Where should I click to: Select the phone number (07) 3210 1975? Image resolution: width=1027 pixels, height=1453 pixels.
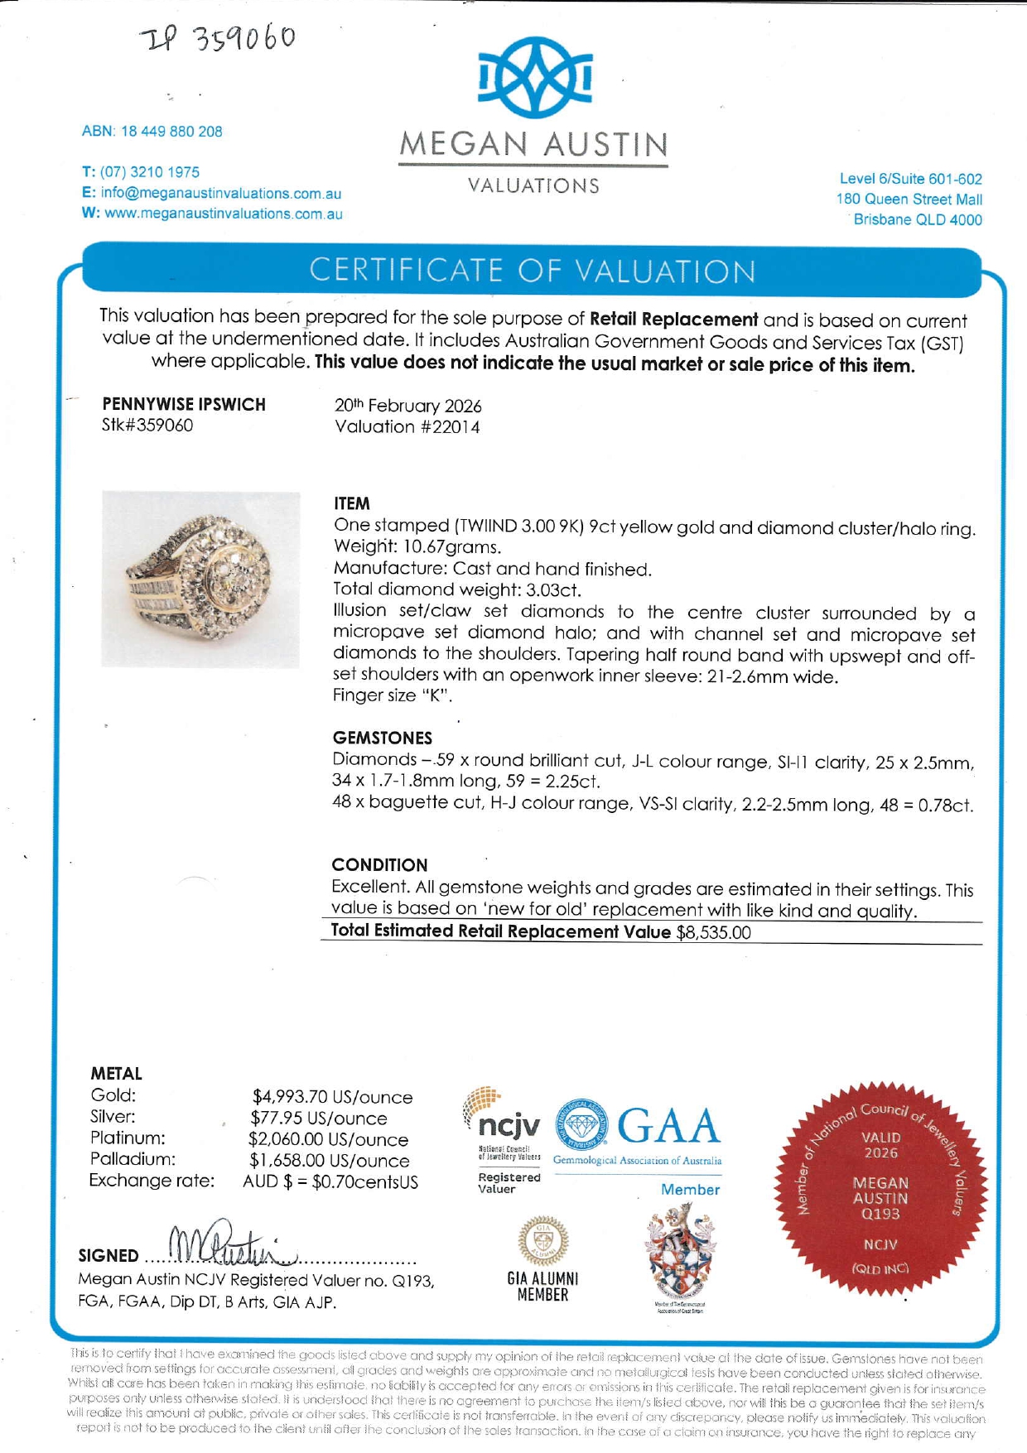(x=150, y=172)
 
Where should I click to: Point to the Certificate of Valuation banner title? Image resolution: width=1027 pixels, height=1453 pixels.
(x=532, y=271)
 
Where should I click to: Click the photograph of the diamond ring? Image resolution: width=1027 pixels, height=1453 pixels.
(x=200, y=580)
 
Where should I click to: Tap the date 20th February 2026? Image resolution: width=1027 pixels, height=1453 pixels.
(x=407, y=406)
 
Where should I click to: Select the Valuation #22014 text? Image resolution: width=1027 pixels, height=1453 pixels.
(x=407, y=427)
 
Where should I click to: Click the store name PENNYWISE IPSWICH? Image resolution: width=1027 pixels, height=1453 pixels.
(x=184, y=404)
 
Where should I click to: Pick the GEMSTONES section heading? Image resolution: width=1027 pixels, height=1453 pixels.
(x=382, y=738)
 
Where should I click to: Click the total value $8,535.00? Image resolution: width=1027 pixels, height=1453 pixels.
(x=713, y=933)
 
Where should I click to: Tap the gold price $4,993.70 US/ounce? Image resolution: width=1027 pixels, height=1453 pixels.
(x=332, y=1097)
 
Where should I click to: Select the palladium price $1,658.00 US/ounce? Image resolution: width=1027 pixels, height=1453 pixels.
(x=329, y=1161)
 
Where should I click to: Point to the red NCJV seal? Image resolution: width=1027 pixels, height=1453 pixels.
(x=880, y=1189)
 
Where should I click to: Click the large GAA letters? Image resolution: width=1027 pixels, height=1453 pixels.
(x=668, y=1126)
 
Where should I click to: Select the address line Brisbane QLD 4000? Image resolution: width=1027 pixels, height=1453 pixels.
(x=917, y=220)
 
